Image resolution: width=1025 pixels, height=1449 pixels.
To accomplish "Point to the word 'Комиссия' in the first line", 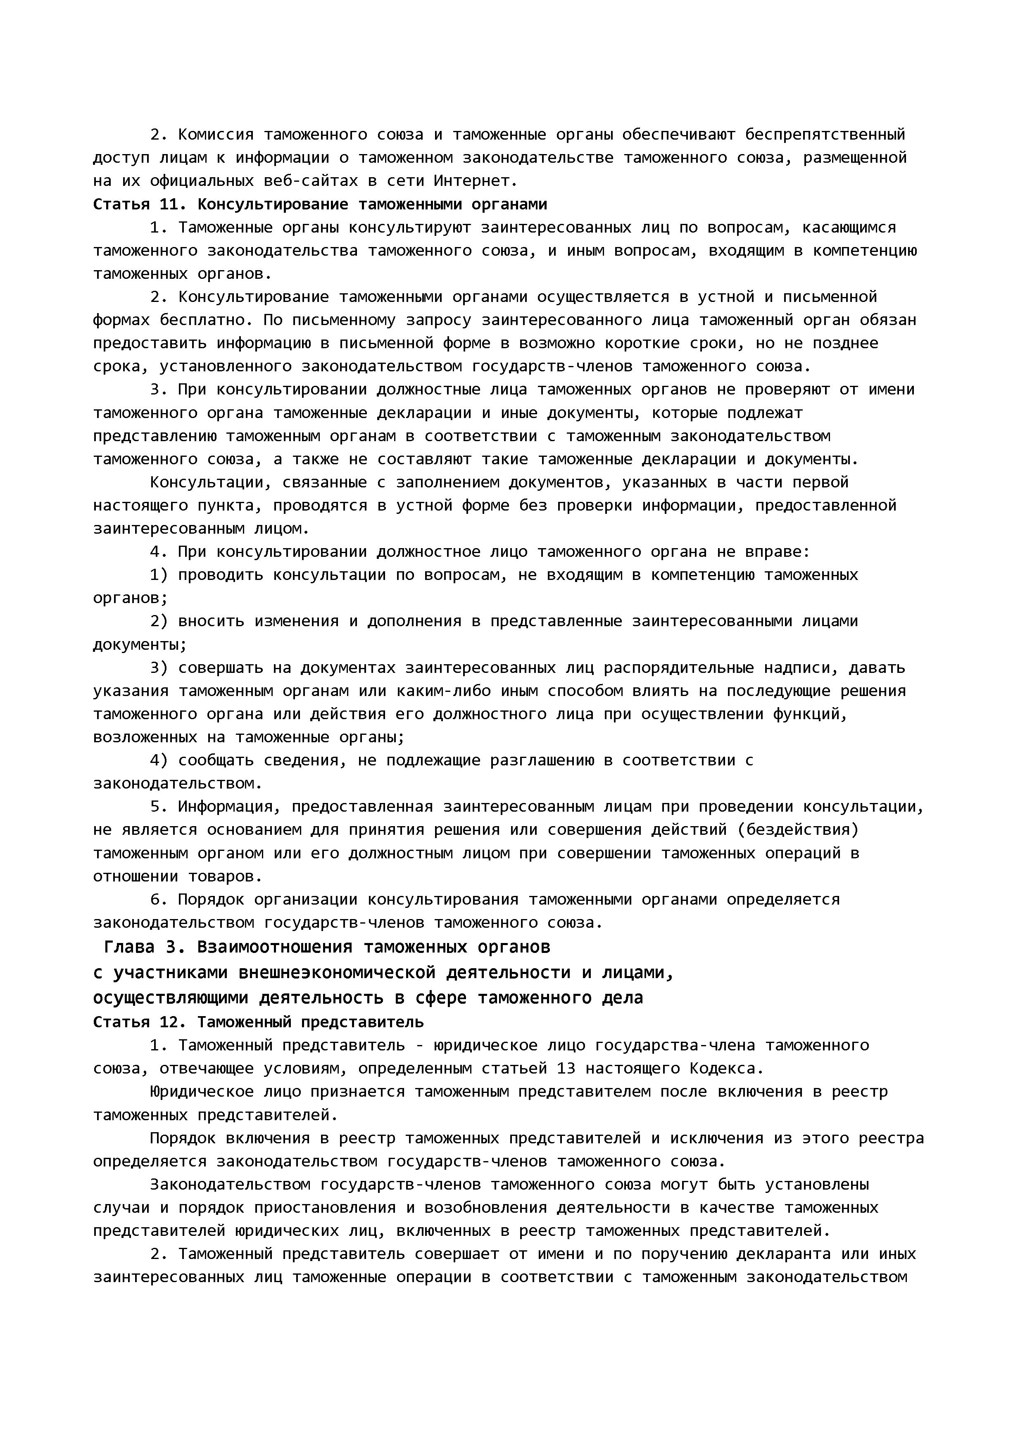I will (215, 134).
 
